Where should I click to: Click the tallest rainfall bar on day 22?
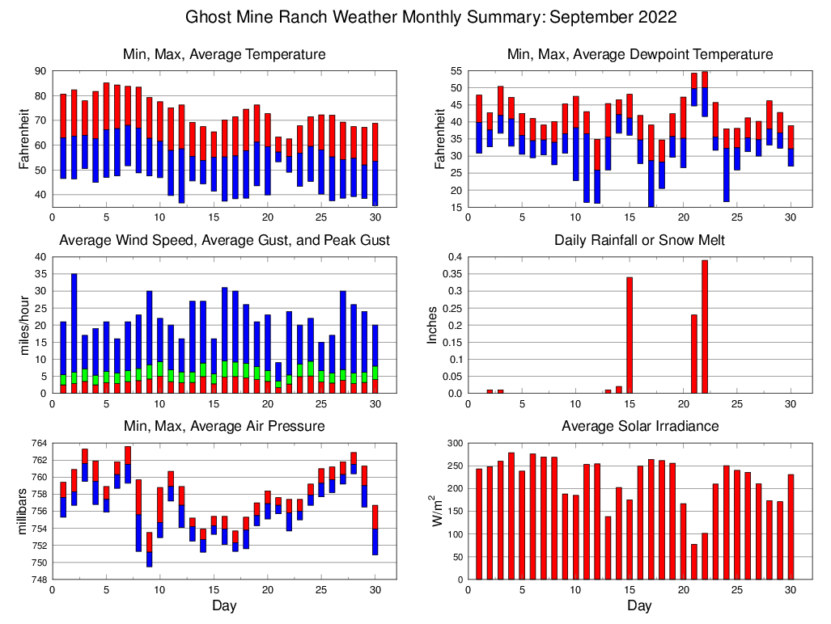coord(705,327)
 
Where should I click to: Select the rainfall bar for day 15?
coord(630,335)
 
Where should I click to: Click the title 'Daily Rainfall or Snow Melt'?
coord(639,241)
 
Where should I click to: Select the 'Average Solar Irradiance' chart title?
coord(639,426)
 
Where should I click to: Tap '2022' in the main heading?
coord(657,17)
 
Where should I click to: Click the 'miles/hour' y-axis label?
coord(23,325)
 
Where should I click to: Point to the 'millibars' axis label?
coord(23,511)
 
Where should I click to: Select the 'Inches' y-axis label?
coord(433,325)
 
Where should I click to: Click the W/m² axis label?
coord(436,511)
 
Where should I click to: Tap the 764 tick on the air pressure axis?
coord(39,443)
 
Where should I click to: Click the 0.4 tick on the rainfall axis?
coord(452,257)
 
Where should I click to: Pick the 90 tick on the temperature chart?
coord(41,71)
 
